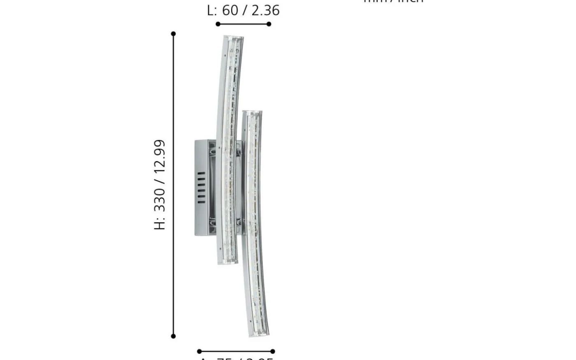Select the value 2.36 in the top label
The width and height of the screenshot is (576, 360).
pos(265,10)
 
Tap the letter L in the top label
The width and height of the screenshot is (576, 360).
pos(211,10)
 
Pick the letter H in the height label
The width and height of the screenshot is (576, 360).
pos(160,223)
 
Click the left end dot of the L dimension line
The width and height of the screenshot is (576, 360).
pos(218,24)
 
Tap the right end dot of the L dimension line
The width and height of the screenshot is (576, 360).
pos(269,24)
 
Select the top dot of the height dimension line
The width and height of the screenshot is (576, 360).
pos(173,34)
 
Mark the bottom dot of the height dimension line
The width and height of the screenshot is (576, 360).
pos(173,336)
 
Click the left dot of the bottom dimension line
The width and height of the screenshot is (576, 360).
pos(200,351)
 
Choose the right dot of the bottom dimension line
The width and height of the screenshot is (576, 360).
pos(273,351)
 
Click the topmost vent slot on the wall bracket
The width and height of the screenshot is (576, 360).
pos(201,174)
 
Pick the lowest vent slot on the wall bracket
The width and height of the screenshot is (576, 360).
pos(201,202)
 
